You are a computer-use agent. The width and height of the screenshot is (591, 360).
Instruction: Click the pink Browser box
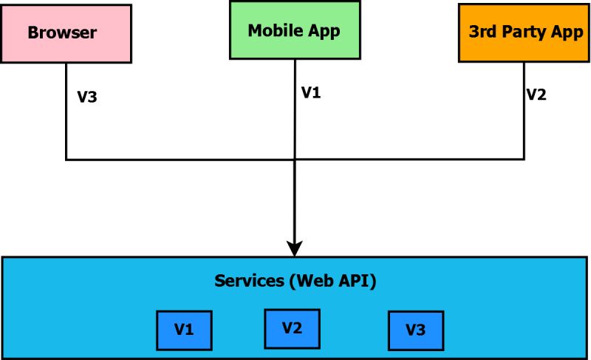[66, 33]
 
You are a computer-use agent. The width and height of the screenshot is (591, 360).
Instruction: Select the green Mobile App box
[295, 30]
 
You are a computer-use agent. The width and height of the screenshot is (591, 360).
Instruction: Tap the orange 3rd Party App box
[524, 33]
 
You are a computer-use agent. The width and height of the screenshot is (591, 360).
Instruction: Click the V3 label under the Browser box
[87, 97]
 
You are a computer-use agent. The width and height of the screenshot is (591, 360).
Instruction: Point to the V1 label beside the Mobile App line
[311, 93]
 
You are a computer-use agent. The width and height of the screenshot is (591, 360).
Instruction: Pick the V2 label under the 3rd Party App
[536, 95]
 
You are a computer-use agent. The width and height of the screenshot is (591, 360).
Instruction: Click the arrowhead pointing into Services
[295, 248]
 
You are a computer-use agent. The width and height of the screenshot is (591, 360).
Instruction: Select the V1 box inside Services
[184, 330]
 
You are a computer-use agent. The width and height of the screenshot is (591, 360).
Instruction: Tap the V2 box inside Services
[292, 327]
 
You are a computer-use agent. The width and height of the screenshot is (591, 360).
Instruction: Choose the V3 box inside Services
[416, 330]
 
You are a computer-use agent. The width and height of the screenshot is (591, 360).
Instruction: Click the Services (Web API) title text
[295, 281]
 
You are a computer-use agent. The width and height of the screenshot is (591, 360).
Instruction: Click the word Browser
[62, 33]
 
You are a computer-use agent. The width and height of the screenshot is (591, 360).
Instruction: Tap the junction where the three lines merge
[295, 159]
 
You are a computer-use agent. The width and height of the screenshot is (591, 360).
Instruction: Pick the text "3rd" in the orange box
[483, 33]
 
